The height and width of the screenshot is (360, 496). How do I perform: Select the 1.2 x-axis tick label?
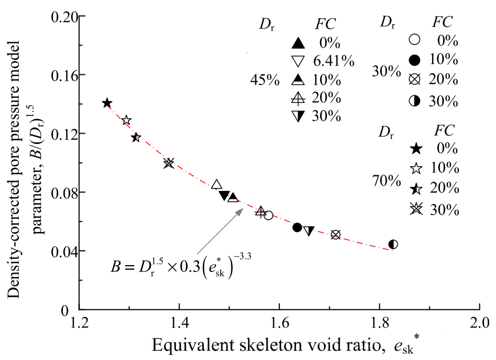point(80,322)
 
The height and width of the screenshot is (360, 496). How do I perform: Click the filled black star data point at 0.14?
point(107,103)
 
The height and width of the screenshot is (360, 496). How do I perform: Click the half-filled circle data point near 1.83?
point(393,245)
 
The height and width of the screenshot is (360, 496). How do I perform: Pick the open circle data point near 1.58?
point(269,215)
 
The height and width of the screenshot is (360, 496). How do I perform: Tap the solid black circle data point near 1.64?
point(297,227)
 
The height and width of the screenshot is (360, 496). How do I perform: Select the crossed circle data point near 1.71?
point(335,235)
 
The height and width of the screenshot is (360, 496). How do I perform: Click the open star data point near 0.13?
point(126,121)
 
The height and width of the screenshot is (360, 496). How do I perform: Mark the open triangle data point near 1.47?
point(217,185)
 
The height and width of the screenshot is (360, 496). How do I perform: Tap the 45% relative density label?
point(265,80)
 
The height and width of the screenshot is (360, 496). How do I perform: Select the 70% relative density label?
point(386,182)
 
